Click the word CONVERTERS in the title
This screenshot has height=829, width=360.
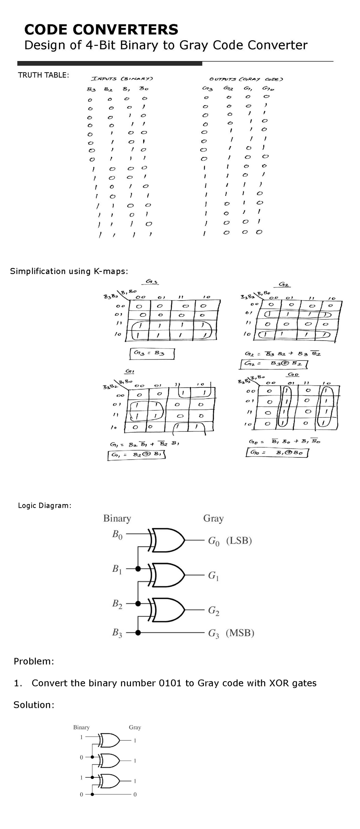pyautogui.click(x=125, y=30)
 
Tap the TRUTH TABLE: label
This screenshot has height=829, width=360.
pyautogui.click(x=43, y=75)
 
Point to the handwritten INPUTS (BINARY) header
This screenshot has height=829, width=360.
pyautogui.click(x=122, y=78)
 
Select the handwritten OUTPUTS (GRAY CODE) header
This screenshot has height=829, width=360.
pyautogui.click(x=246, y=79)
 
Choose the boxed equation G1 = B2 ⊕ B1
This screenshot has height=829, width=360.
pyautogui.click(x=137, y=455)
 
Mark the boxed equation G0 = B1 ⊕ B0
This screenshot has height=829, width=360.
pyautogui.click(x=277, y=453)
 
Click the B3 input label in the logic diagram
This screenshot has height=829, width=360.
pyautogui.click(x=117, y=633)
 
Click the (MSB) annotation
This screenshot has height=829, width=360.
pyautogui.click(x=240, y=633)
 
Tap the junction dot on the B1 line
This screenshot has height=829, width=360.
pyautogui.click(x=138, y=569)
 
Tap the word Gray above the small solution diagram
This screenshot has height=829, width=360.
pyautogui.click(x=135, y=727)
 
